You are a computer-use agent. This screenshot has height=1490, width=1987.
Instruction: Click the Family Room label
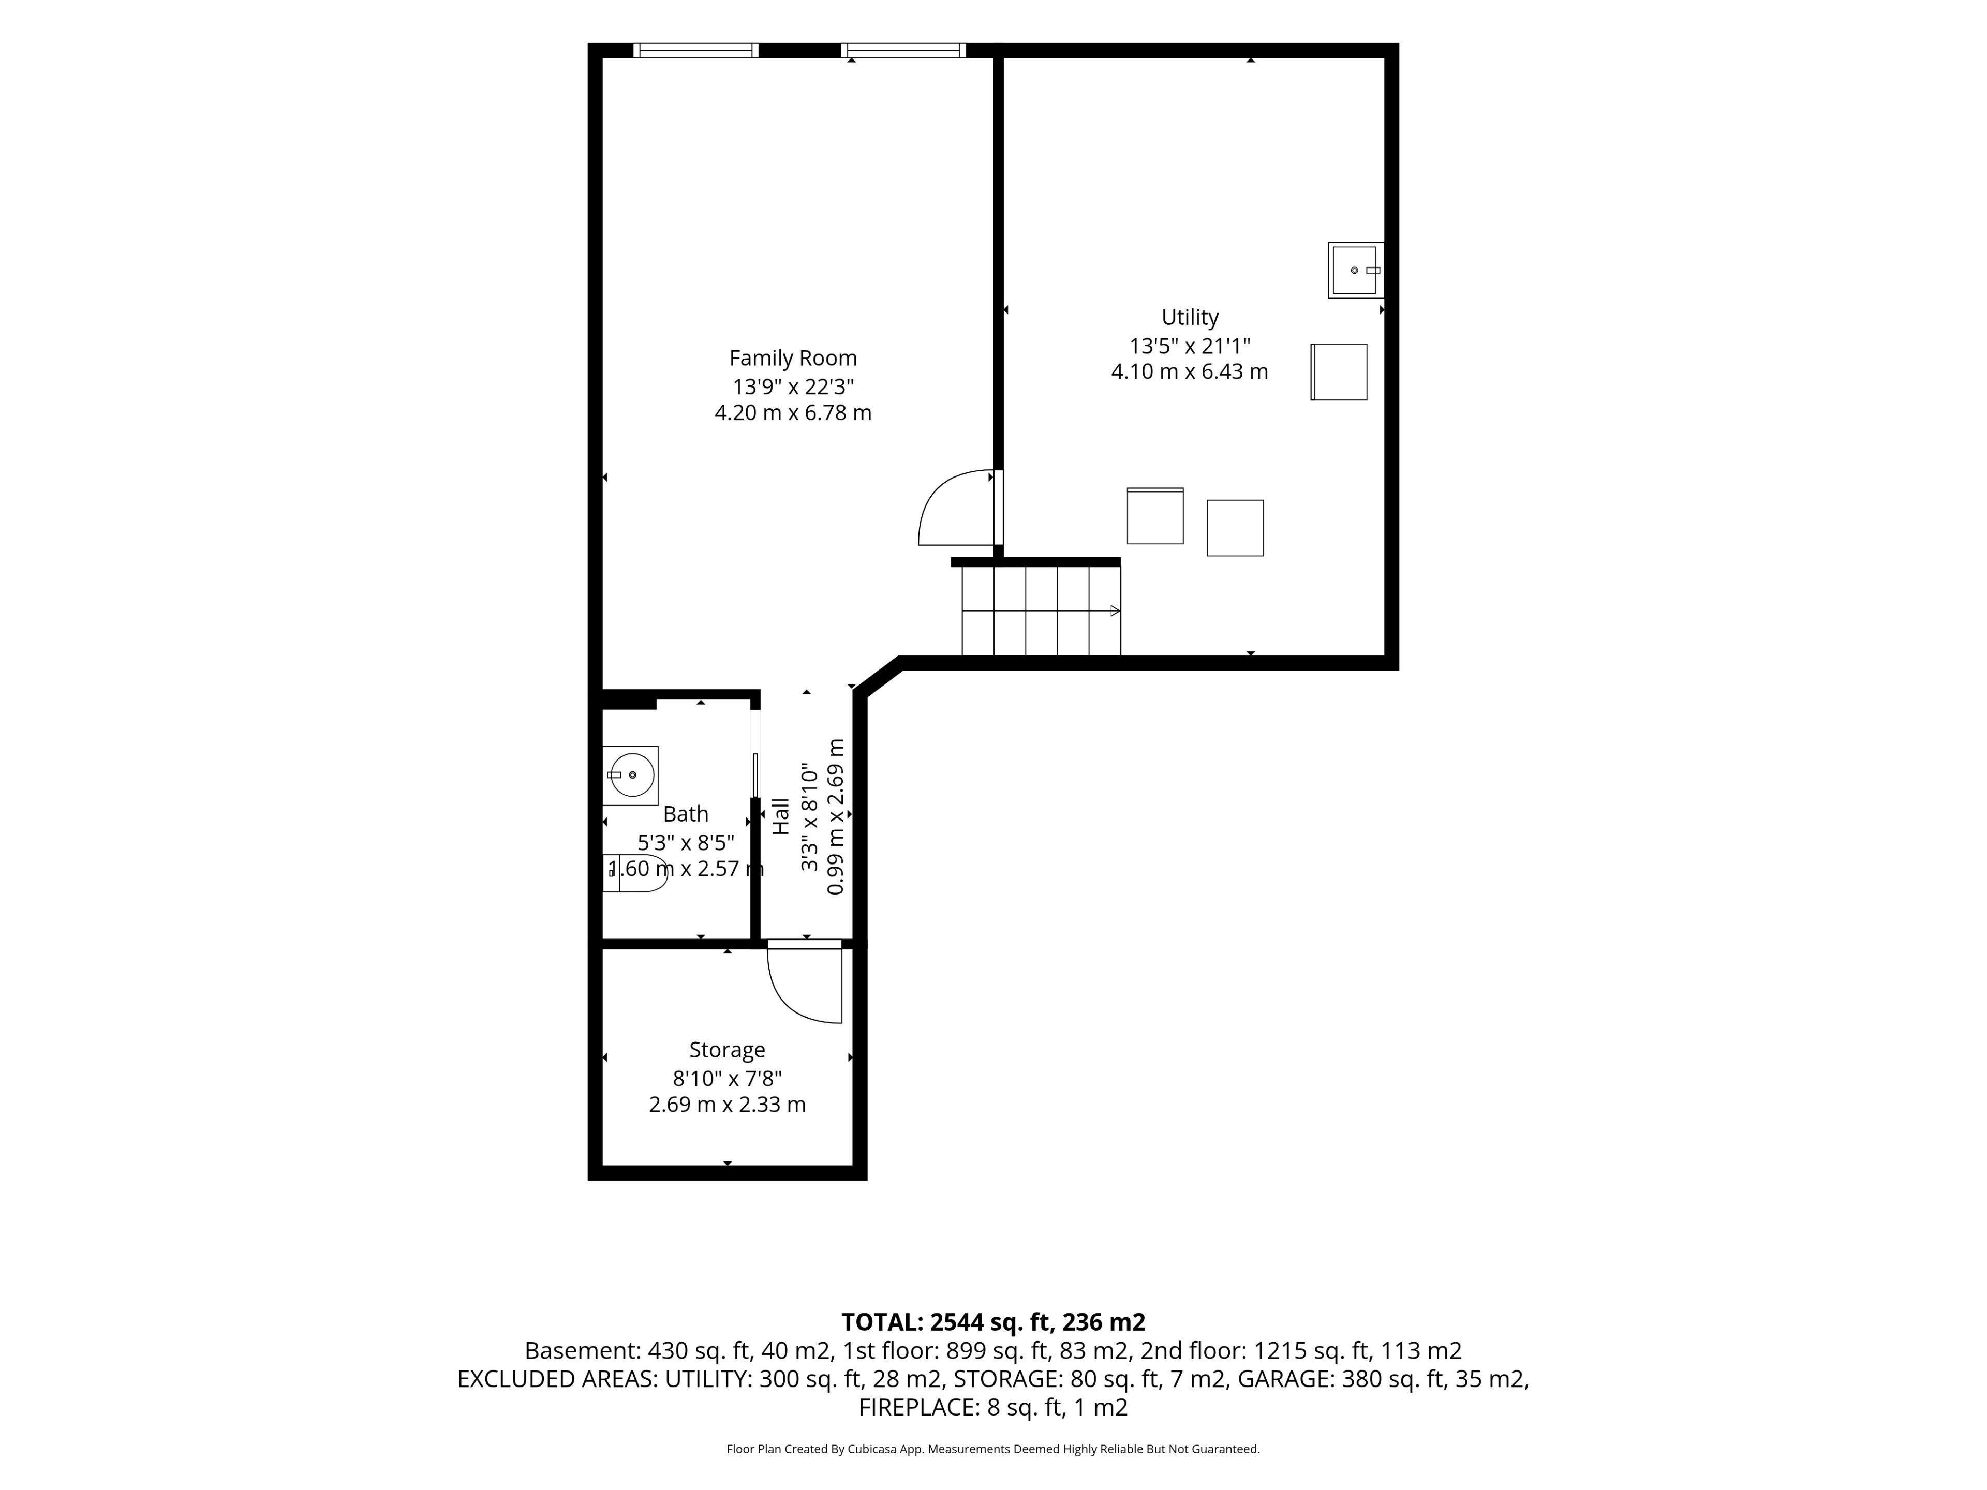[x=793, y=359]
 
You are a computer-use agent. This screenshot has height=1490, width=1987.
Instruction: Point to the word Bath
[x=686, y=814]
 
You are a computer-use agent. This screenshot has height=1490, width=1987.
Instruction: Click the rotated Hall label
[x=781, y=816]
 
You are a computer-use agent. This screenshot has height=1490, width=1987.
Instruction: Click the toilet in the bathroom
[x=636, y=872]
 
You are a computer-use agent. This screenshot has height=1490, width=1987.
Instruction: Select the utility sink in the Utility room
[x=1356, y=270]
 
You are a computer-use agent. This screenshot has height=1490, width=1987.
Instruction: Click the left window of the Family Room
[x=696, y=50]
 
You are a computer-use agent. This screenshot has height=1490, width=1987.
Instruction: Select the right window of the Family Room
[x=903, y=50]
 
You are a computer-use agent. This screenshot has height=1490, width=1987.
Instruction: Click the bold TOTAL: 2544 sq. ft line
[x=993, y=1322]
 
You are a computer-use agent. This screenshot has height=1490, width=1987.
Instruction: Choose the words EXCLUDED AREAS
[x=558, y=1379]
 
